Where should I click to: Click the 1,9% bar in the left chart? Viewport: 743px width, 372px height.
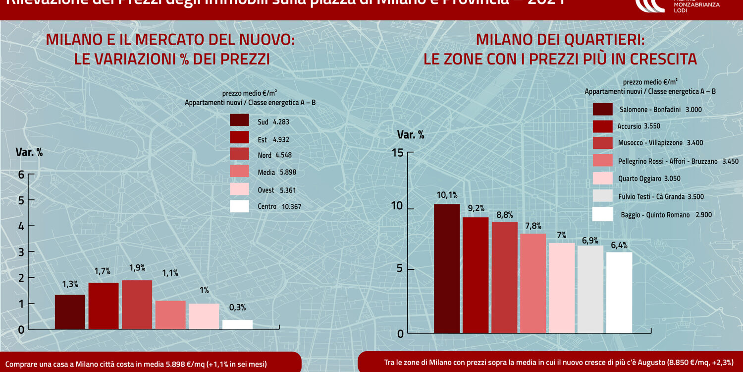click(x=137, y=305)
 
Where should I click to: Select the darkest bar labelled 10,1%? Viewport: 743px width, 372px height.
click(x=447, y=268)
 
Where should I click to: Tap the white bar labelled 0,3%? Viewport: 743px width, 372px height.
click(x=237, y=324)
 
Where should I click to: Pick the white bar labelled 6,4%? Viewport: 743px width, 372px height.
click(x=619, y=293)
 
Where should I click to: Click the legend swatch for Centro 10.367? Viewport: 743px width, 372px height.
click(x=239, y=206)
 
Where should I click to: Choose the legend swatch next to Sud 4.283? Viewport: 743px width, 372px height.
click(x=239, y=121)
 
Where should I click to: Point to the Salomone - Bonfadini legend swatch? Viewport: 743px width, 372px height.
click(x=602, y=109)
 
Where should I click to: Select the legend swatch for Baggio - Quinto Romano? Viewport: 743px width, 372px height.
click(x=602, y=214)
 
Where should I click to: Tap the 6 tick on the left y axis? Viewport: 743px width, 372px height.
click(x=21, y=175)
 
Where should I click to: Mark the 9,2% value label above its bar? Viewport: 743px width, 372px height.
click(x=476, y=208)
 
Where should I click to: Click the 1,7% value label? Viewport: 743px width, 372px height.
click(x=103, y=271)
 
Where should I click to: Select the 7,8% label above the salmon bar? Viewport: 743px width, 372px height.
click(x=532, y=226)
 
